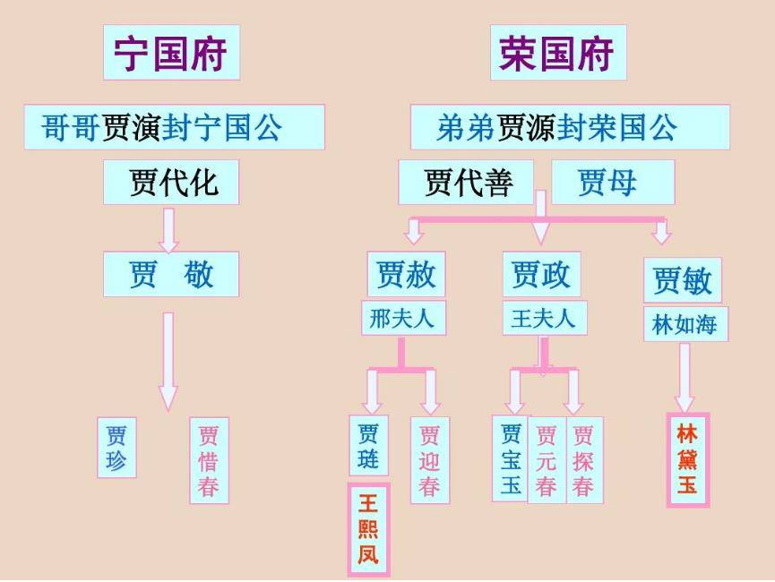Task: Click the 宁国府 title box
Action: click(171, 52)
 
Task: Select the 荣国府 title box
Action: click(557, 52)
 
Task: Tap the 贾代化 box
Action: click(171, 183)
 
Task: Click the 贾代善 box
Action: click(466, 183)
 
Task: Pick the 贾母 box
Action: click(612, 183)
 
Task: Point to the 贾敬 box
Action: click(171, 274)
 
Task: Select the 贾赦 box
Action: click(406, 274)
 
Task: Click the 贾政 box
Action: click(541, 274)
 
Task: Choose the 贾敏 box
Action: click(682, 280)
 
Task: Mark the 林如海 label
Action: click(685, 324)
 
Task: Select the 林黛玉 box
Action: click(688, 460)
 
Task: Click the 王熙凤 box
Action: click(368, 529)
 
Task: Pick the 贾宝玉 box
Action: click(510, 459)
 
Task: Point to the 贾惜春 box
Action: click(209, 460)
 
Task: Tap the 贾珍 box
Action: click(116, 447)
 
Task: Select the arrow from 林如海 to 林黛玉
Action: click(685, 376)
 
